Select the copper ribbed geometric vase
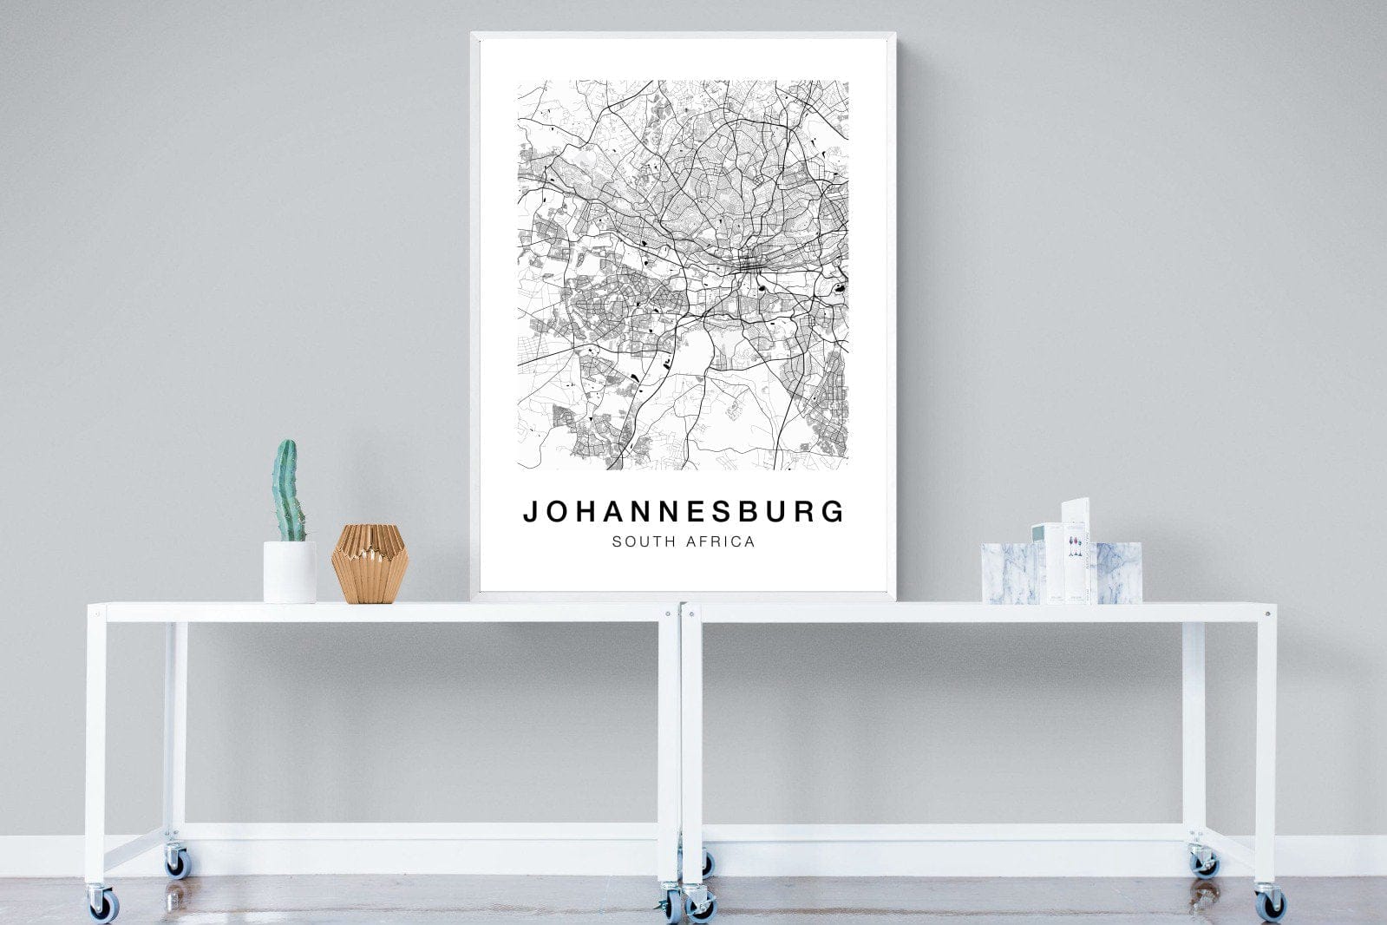(369, 563)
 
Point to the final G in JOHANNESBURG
(834, 512)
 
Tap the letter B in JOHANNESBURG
(749, 512)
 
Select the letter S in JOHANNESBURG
(723, 512)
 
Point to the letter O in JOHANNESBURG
(556, 512)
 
